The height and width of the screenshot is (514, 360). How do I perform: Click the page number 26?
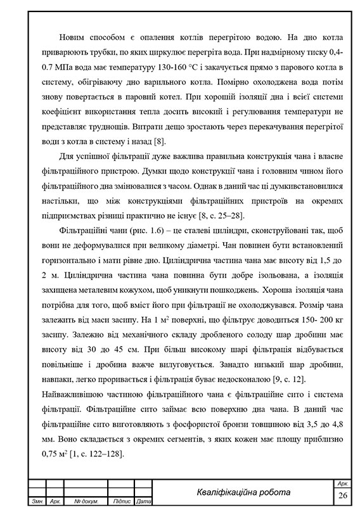point(343,494)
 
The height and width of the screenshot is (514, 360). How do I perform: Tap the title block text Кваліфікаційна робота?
point(243,492)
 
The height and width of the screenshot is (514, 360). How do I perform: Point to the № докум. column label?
point(86,502)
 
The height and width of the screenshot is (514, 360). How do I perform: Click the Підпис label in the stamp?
point(120,502)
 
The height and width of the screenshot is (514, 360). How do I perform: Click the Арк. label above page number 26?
point(343,483)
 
